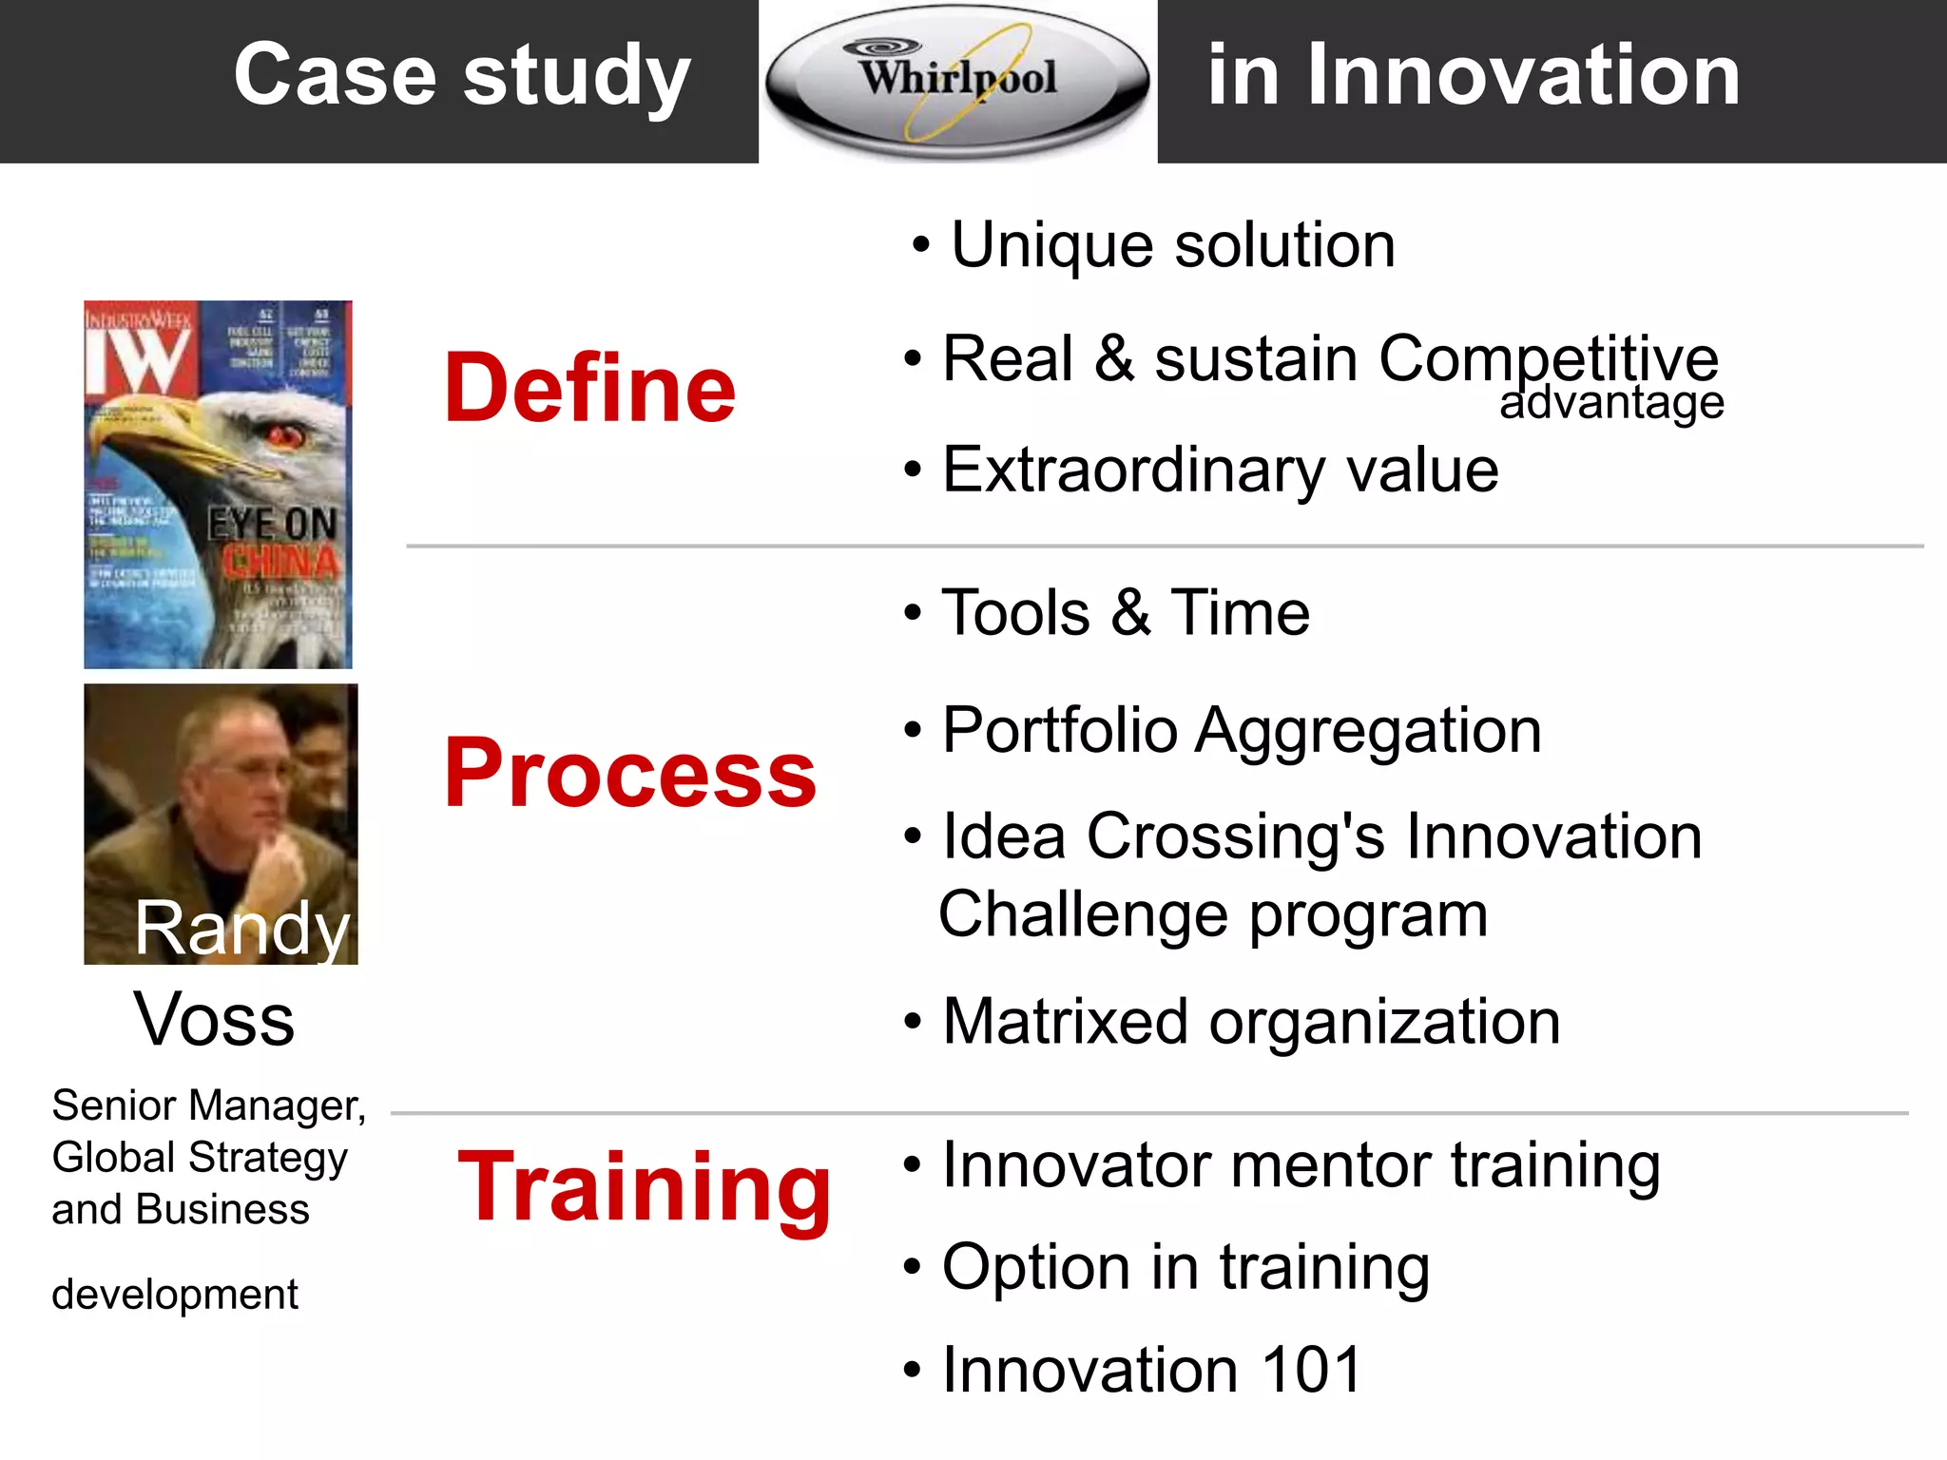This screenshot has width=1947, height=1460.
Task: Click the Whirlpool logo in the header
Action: [x=957, y=80]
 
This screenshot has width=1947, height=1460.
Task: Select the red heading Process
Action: [x=630, y=774]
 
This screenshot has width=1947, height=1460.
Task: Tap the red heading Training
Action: [x=645, y=1188]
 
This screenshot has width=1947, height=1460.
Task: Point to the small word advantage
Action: [x=1611, y=402]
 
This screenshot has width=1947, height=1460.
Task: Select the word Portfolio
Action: [x=1059, y=731]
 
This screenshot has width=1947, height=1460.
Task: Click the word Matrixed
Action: [x=1065, y=1022]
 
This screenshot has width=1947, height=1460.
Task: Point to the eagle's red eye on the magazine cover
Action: [x=283, y=436]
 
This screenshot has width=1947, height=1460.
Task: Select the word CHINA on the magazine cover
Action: [x=280, y=563]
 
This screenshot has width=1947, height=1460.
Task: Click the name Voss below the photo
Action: [x=214, y=1020]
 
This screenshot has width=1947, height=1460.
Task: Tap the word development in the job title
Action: [x=175, y=1295]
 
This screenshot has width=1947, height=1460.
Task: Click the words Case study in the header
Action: [x=462, y=76]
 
